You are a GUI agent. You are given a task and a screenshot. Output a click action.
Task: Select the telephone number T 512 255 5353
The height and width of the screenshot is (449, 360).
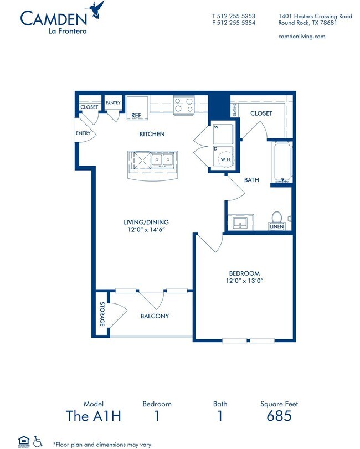[x=233, y=16]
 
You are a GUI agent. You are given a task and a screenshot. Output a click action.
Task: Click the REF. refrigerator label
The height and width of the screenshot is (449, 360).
[x=137, y=115]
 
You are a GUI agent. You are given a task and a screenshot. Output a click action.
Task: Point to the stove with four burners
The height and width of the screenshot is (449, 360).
[x=183, y=105]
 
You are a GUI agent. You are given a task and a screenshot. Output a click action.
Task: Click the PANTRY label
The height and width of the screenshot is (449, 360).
[x=113, y=103]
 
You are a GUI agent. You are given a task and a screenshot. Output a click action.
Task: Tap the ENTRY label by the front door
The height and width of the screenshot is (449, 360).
[x=83, y=133]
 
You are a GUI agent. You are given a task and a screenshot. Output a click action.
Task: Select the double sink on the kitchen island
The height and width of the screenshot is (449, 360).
[x=163, y=161]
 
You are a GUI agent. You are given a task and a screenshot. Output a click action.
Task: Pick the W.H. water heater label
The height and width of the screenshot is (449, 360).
[x=226, y=159]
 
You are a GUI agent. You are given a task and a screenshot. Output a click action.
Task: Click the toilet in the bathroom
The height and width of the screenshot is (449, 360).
[x=276, y=218]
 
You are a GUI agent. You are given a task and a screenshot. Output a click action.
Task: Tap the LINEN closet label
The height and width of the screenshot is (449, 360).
[x=276, y=227]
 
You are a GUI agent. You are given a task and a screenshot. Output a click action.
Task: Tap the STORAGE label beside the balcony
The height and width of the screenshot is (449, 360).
[x=102, y=314]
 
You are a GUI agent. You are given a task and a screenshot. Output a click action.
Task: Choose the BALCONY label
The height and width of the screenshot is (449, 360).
[x=154, y=316]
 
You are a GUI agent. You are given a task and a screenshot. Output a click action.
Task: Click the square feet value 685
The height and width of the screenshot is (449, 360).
[x=279, y=416]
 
